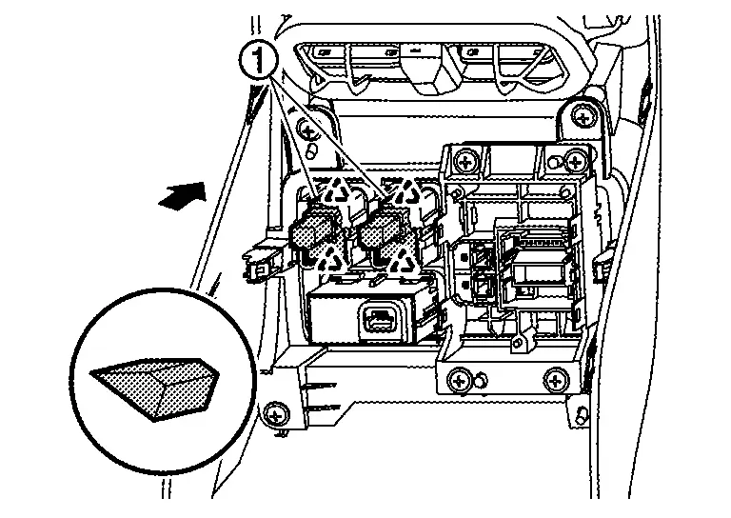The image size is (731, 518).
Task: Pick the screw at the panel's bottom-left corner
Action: (277, 413)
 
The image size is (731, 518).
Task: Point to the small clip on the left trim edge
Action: (254, 266)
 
